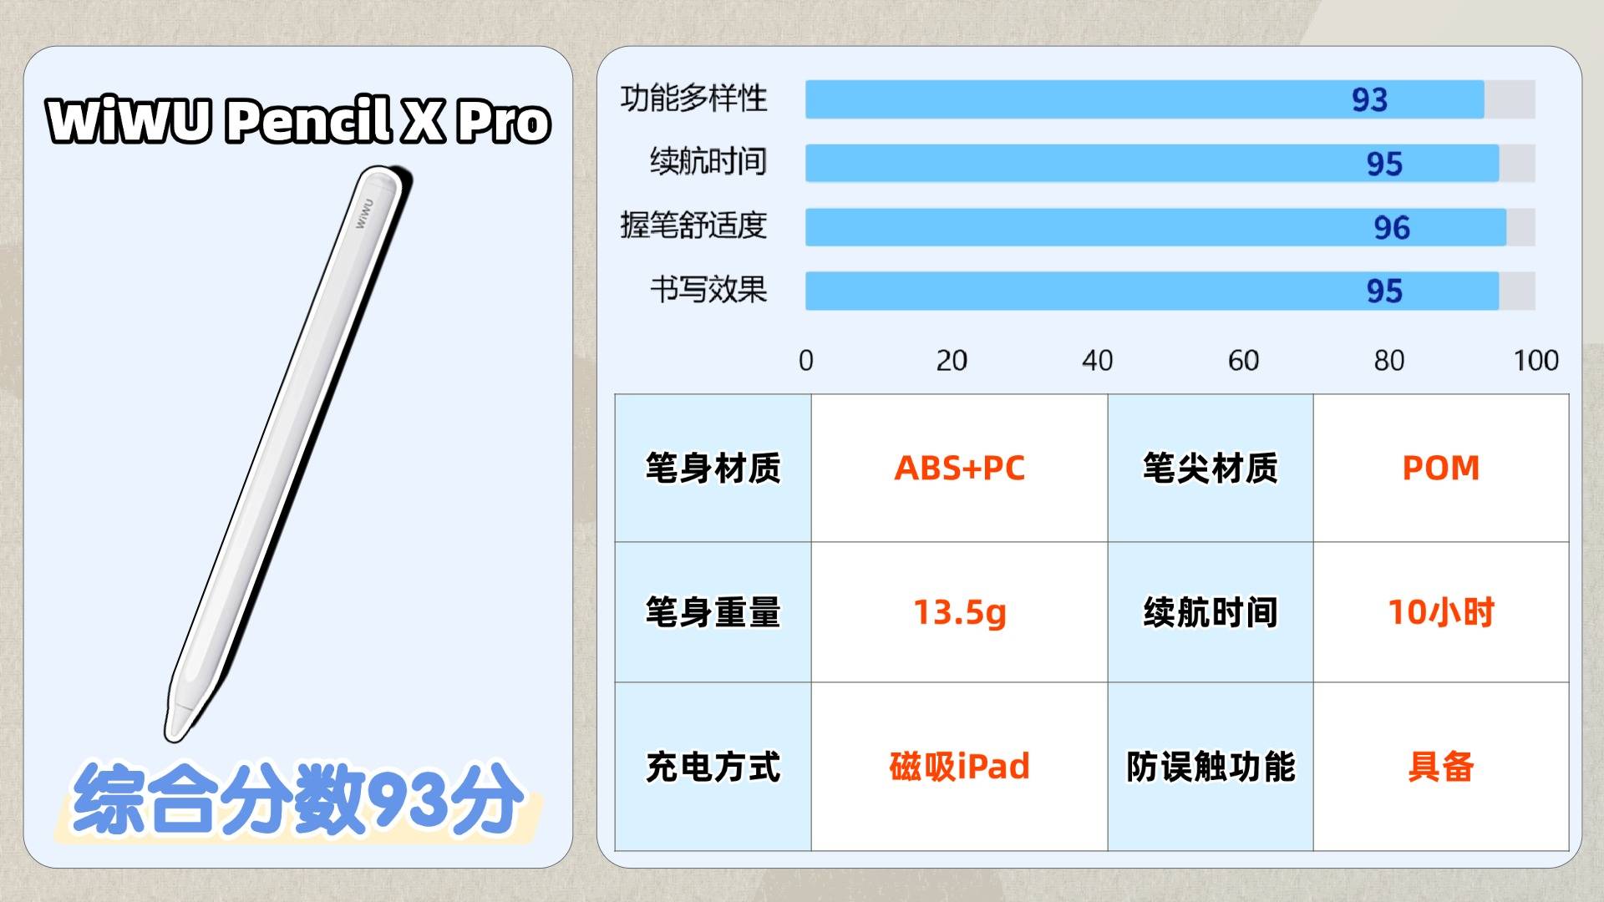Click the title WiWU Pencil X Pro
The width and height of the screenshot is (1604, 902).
tap(298, 120)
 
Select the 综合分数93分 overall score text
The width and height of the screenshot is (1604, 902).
tap(298, 798)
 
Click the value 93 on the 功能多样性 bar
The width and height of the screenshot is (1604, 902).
tap(1369, 100)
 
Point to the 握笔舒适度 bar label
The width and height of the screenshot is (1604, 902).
tap(693, 225)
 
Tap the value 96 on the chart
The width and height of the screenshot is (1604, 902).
tap(1392, 228)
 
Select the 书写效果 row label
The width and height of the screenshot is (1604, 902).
tap(708, 290)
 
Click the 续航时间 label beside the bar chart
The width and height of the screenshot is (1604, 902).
tap(708, 161)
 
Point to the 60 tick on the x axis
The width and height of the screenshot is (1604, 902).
tap(1243, 361)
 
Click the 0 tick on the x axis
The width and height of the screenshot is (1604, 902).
tap(805, 361)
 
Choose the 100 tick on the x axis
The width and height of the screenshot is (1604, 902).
tap(1535, 361)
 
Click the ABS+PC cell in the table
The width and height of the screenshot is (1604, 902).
tap(960, 468)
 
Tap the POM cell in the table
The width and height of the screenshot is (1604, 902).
tap(1441, 468)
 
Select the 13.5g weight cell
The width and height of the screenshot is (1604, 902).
tap(960, 612)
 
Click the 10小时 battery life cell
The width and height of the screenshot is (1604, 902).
tap(1441, 612)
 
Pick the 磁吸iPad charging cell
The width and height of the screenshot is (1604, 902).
tap(960, 766)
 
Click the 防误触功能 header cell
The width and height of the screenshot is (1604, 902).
tap(1211, 767)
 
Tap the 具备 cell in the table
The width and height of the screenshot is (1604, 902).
tap(1441, 767)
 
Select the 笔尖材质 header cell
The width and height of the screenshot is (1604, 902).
tap(1211, 468)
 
